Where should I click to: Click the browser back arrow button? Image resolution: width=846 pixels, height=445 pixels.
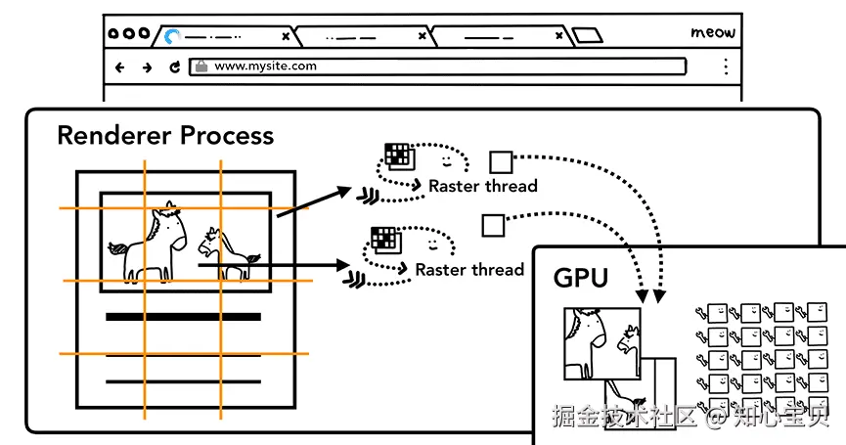(119, 67)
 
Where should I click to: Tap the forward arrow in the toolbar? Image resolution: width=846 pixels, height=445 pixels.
(147, 67)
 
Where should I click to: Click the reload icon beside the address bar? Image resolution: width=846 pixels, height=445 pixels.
(174, 67)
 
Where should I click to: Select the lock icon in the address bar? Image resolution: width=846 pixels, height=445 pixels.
(201, 67)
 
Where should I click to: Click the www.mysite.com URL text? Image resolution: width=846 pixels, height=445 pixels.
(265, 66)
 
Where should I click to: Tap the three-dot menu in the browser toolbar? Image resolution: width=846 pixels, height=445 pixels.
(727, 67)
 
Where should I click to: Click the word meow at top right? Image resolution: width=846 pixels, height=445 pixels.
(713, 32)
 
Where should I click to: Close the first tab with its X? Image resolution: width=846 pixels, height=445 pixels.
(286, 37)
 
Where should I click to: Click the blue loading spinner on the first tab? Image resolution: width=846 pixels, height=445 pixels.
(171, 36)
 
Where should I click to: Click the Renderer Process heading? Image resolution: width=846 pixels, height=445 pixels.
(165, 135)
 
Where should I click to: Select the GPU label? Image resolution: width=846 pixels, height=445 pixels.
(581, 278)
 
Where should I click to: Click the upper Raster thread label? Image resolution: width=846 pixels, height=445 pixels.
(483, 186)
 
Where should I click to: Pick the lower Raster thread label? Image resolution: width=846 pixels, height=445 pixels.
(469, 270)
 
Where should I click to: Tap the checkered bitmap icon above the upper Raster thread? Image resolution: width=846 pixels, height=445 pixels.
(399, 156)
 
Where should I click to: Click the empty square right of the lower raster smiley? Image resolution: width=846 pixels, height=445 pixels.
(493, 226)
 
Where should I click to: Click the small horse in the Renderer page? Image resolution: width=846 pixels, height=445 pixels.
(227, 252)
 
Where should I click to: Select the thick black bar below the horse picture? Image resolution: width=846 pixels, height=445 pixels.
(184, 317)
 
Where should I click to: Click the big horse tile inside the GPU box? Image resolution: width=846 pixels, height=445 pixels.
(602, 343)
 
